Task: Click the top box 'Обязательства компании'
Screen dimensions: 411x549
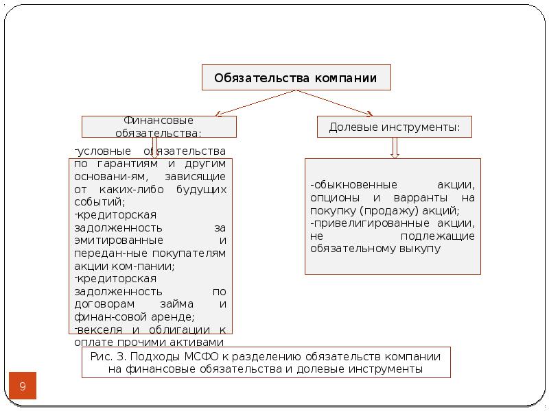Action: [296, 78]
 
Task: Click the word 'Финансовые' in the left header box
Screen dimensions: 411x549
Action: [159, 120]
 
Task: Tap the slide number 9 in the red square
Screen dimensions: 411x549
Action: [22, 387]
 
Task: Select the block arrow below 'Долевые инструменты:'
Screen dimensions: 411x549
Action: [395, 148]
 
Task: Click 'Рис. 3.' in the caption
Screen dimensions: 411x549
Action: [107, 357]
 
